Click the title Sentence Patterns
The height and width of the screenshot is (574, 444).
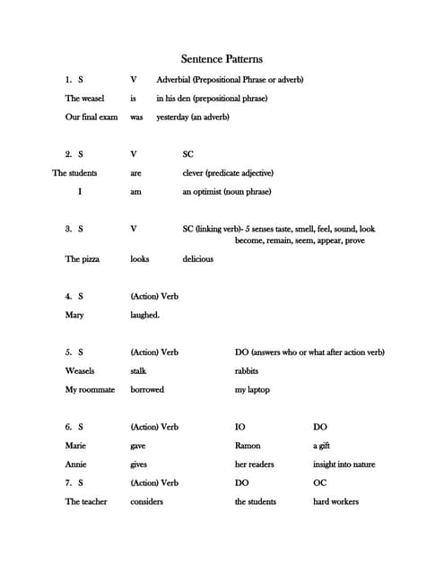pyautogui.click(x=222, y=59)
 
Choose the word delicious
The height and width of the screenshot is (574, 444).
pyautogui.click(x=197, y=259)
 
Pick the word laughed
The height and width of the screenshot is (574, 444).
pyautogui.click(x=144, y=315)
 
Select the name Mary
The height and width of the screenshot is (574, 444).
pyautogui.click(x=74, y=315)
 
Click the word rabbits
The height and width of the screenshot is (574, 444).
pyautogui.click(x=247, y=370)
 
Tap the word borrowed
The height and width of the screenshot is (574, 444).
pyautogui.click(x=147, y=390)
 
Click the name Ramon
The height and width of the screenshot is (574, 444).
pyautogui.click(x=248, y=446)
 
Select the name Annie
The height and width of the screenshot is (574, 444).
pyautogui.click(x=75, y=465)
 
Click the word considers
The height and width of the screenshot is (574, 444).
pyautogui.click(x=146, y=502)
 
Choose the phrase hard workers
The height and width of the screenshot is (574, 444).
pyautogui.click(x=335, y=502)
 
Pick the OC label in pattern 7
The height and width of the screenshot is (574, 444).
pyautogui.click(x=319, y=483)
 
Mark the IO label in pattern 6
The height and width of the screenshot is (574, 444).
pyautogui.click(x=239, y=427)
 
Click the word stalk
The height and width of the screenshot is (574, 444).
pyautogui.click(x=138, y=370)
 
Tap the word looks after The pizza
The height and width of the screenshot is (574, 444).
pyautogui.click(x=139, y=259)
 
